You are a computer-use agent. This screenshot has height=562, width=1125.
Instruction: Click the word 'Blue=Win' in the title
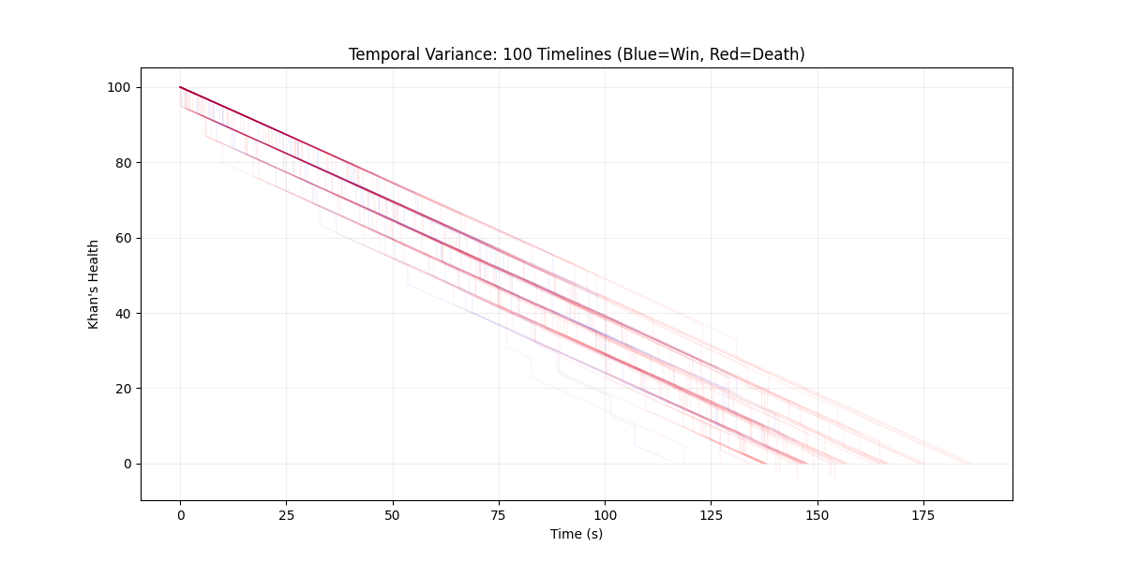(x=654, y=54)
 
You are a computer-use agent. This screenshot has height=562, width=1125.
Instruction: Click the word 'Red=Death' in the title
(x=761, y=54)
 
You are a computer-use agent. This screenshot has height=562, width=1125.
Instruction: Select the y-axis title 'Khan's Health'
(x=94, y=284)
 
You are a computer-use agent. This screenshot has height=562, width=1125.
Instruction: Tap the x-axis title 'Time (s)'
(x=576, y=534)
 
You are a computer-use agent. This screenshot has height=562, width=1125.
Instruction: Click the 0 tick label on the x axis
(x=180, y=514)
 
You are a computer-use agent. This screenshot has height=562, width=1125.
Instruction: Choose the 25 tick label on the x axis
(x=286, y=514)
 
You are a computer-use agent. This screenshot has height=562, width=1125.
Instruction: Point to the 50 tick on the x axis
(x=393, y=514)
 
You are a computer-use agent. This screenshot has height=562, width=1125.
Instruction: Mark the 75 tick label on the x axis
(x=499, y=514)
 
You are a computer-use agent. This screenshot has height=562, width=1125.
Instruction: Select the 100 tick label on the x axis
(x=605, y=514)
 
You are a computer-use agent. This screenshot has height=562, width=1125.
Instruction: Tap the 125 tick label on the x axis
(x=711, y=514)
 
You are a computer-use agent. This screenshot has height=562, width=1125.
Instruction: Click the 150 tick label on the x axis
(x=817, y=514)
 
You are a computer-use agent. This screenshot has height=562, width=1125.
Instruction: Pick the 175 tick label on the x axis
(x=923, y=514)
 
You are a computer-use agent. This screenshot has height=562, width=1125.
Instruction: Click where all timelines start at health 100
(x=180, y=87)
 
